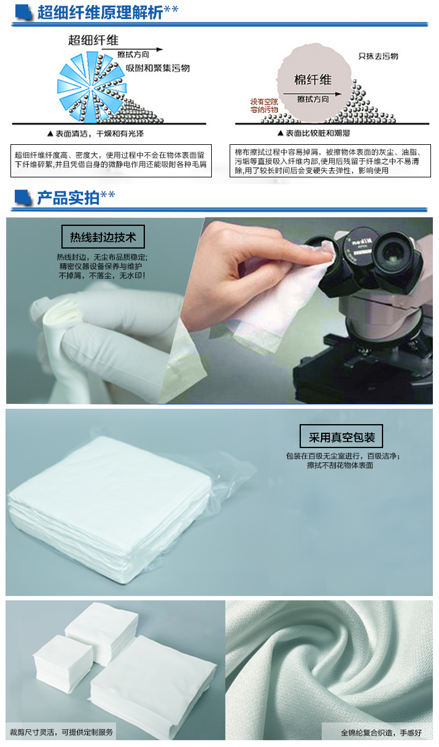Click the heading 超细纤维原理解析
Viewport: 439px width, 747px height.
click(x=100, y=12)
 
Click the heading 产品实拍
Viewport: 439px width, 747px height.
click(x=68, y=198)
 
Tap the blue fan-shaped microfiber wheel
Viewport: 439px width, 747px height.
click(x=91, y=87)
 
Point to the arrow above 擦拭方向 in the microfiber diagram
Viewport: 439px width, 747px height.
click(x=132, y=49)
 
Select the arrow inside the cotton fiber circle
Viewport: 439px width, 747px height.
click(x=313, y=94)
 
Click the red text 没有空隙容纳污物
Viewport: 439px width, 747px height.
click(x=264, y=106)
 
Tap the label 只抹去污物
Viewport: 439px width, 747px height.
click(x=378, y=56)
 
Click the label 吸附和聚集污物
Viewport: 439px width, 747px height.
click(x=158, y=68)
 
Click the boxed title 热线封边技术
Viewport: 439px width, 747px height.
click(x=103, y=237)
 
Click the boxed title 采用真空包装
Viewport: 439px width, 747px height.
click(x=341, y=436)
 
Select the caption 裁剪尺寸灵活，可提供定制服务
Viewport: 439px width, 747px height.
click(x=62, y=732)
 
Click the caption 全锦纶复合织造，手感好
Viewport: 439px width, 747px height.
click(x=381, y=733)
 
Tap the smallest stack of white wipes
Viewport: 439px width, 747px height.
click(x=63, y=664)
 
